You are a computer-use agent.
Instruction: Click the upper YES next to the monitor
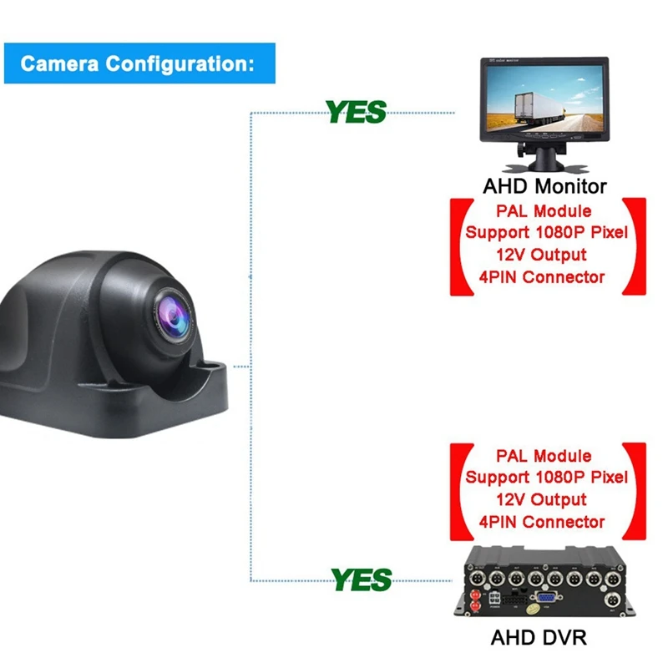pos(356,111)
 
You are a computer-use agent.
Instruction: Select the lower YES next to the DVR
pos(361,578)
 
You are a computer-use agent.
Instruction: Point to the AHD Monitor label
pos(544,185)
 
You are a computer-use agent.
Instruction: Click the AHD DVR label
pos(539,638)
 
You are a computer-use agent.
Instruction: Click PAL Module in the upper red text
pos(544,211)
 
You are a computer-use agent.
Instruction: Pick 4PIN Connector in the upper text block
pos(543,277)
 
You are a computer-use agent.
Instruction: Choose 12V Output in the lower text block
pos(543,499)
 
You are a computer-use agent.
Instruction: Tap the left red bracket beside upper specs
pos(457,245)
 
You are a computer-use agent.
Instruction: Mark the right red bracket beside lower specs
pos(639,491)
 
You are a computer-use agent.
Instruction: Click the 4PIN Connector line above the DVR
pos(543,522)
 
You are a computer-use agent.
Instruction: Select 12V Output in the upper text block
pos(543,255)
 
